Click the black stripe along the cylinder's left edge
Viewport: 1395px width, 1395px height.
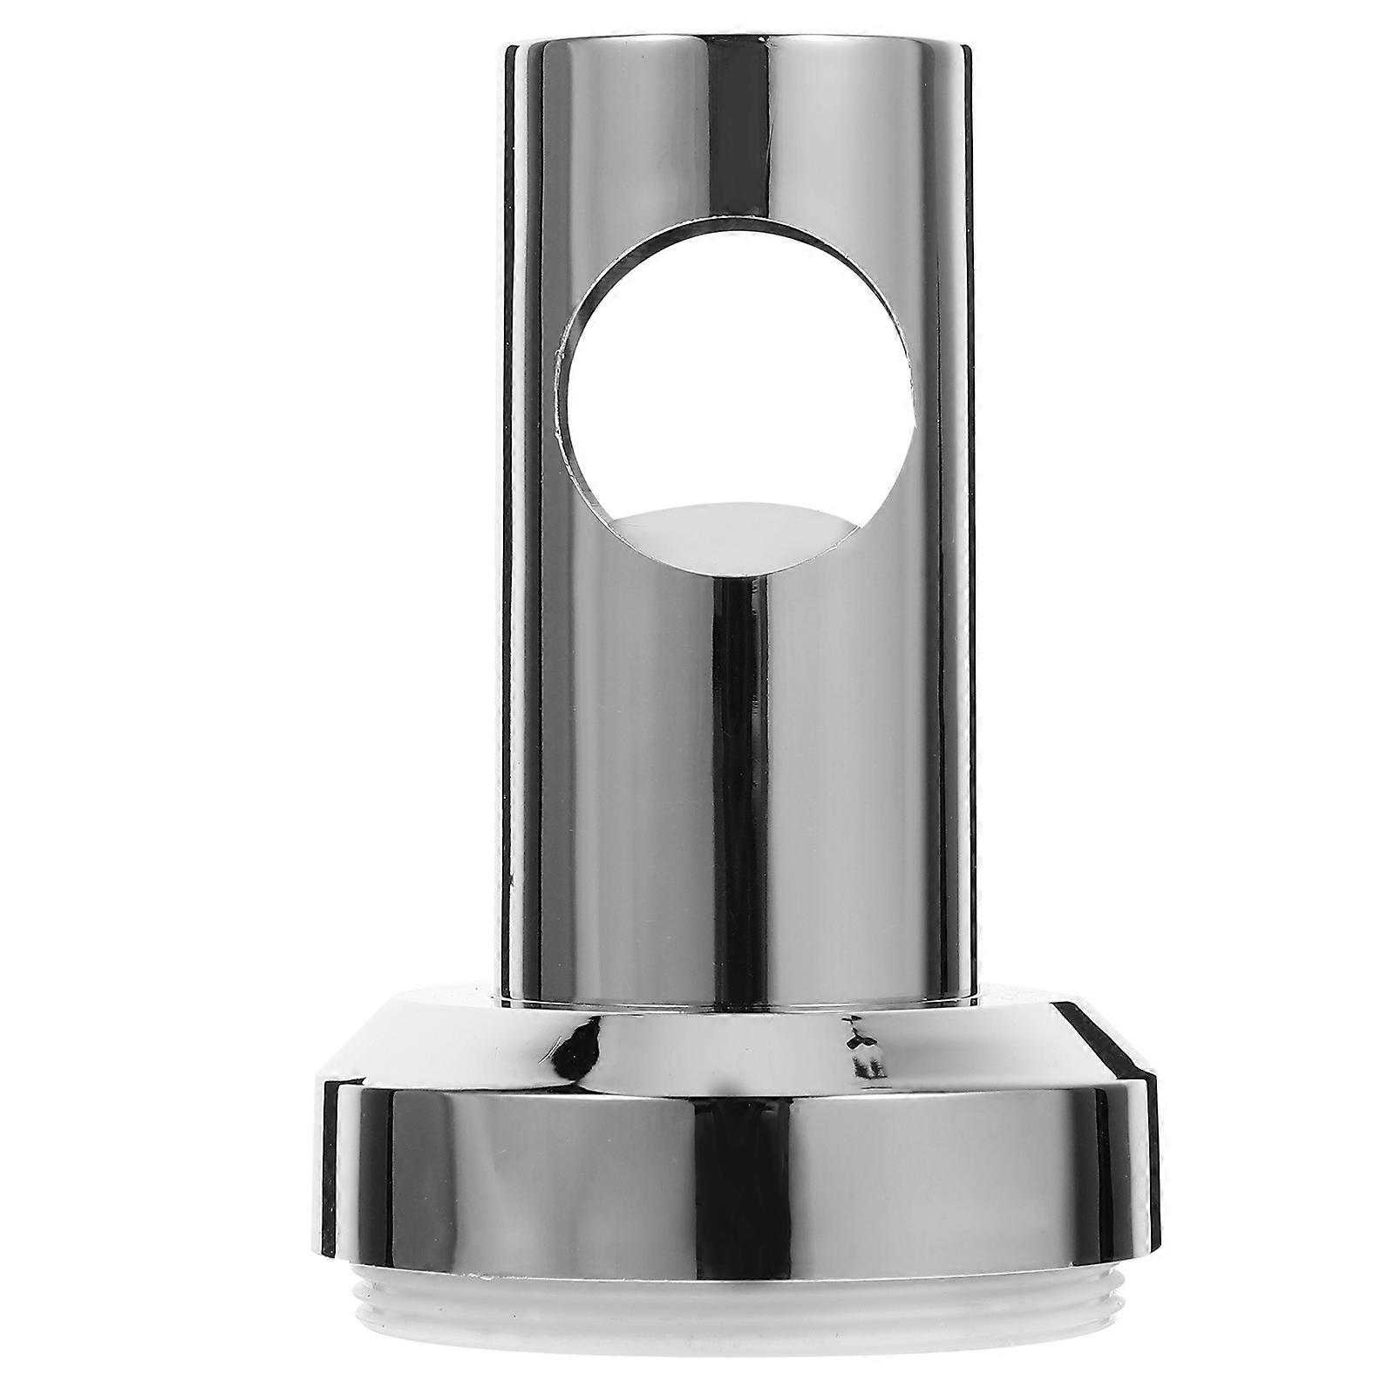point(514,523)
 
